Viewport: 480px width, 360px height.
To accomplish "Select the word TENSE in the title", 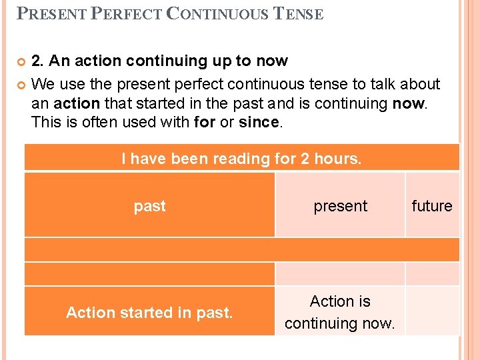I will point(299,13).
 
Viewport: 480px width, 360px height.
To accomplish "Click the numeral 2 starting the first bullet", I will point(37,61).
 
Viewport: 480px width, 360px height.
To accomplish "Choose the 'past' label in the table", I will point(149,206).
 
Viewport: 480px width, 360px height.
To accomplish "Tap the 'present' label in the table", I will point(340,206).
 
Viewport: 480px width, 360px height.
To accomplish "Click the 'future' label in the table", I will point(432,206).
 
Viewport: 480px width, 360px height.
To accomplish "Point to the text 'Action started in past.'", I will point(149,312).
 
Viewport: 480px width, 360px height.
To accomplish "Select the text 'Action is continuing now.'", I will point(340,312).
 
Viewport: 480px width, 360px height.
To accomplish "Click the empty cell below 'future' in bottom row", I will point(433,311).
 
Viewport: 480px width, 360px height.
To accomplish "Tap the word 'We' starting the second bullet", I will point(43,85).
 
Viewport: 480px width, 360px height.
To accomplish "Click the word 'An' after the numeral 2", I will point(59,61).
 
